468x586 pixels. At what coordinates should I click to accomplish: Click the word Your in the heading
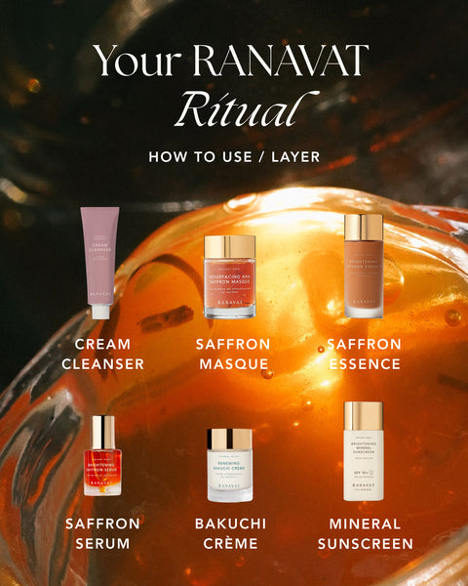(141, 62)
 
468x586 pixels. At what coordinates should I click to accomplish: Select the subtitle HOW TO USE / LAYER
(234, 156)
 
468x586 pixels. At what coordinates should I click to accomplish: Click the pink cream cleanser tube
(101, 259)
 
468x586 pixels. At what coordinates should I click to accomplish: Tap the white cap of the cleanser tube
(100, 312)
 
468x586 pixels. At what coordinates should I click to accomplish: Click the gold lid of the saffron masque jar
(230, 247)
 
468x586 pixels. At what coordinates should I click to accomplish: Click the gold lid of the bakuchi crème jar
(230, 439)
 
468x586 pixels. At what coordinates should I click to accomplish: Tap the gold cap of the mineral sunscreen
(363, 414)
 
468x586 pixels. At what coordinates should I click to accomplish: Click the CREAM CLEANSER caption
(102, 355)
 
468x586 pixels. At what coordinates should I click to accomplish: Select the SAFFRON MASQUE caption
(231, 355)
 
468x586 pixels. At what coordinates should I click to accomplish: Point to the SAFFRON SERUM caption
(102, 533)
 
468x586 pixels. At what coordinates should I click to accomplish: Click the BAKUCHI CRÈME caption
(231, 533)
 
